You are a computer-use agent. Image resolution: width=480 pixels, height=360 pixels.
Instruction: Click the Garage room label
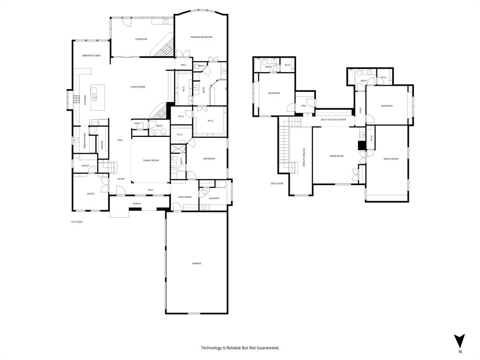[196, 263]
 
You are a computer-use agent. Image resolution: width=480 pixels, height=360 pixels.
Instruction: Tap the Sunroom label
[141, 39]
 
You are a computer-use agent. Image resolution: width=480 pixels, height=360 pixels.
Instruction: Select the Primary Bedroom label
[201, 37]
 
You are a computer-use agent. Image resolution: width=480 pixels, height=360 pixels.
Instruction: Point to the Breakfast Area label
[91, 55]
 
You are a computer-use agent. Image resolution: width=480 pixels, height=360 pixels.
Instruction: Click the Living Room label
[138, 87]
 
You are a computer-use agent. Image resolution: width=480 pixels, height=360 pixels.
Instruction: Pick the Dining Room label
[151, 161]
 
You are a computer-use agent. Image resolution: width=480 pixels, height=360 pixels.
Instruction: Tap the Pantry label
[102, 146]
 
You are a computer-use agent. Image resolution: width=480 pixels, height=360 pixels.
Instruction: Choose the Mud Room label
[185, 197]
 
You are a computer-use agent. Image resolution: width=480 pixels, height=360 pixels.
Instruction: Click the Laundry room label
[214, 198]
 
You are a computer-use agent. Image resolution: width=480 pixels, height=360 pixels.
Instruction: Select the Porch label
[137, 203]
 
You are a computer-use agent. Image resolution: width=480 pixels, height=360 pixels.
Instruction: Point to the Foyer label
[121, 179]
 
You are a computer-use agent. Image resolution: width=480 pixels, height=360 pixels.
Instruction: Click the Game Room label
[337, 156]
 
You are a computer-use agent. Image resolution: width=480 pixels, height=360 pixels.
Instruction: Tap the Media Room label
[390, 159]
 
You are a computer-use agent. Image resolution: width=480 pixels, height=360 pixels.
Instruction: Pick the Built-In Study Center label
[333, 120]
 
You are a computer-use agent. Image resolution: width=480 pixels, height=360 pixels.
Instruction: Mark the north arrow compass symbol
[460, 341]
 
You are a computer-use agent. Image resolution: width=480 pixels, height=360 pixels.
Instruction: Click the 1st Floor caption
[76, 222]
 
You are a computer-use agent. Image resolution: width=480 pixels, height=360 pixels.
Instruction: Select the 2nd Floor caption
[277, 183]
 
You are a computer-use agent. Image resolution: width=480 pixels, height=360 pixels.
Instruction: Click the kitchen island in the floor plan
[97, 97]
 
